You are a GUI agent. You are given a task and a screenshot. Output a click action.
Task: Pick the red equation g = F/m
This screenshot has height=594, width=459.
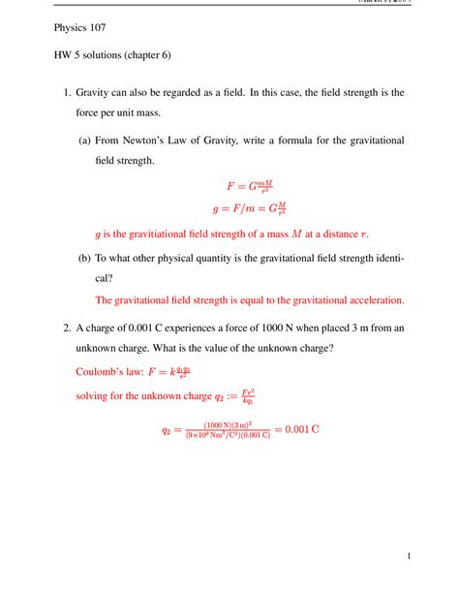point(248,207)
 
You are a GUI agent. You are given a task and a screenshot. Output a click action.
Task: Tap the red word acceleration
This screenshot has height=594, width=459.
point(370,299)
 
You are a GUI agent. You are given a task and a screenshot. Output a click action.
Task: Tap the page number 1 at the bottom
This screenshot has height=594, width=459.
point(411,556)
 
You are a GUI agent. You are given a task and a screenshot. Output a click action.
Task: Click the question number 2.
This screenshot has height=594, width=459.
point(56,329)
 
